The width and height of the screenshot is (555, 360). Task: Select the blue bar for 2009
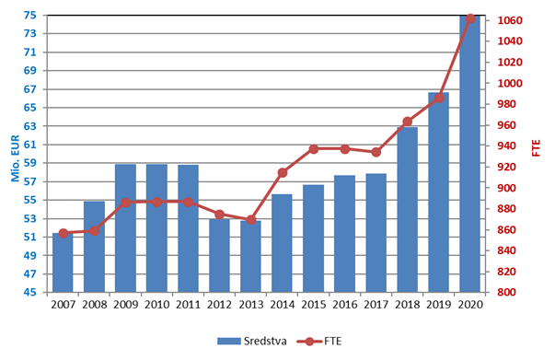[126, 228]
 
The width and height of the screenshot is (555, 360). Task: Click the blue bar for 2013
[250, 257]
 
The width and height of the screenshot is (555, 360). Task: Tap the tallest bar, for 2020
[469, 154]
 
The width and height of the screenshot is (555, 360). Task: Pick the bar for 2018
[408, 210]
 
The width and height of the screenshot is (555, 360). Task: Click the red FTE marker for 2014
[282, 173]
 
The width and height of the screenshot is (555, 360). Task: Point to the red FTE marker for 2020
[470, 19]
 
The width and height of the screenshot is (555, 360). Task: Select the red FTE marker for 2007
[64, 233]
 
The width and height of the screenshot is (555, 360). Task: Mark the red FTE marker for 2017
[376, 152]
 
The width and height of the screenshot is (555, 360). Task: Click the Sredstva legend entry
[252, 342]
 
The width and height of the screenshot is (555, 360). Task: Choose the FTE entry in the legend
[319, 342]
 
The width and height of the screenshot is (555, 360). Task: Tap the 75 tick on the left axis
[30, 16]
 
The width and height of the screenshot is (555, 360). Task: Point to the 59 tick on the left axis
[30, 163]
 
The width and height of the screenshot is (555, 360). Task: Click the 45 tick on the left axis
[30, 293]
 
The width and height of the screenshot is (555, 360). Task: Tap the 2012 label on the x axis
[219, 305]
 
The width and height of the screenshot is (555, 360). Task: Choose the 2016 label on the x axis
[345, 305]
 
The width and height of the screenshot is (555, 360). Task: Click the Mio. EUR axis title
[16, 158]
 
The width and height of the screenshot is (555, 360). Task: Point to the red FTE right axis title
[537, 148]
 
